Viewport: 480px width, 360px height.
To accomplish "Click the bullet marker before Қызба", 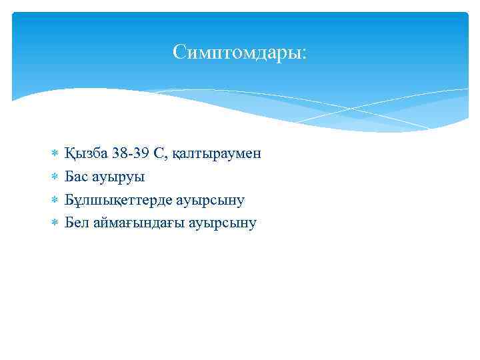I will click(x=54, y=154).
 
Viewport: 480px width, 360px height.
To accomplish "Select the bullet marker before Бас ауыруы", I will click(x=54, y=177).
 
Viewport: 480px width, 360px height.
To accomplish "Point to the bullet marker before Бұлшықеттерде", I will click(x=54, y=200).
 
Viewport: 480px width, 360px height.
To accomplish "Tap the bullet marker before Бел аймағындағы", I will click(x=54, y=223).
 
